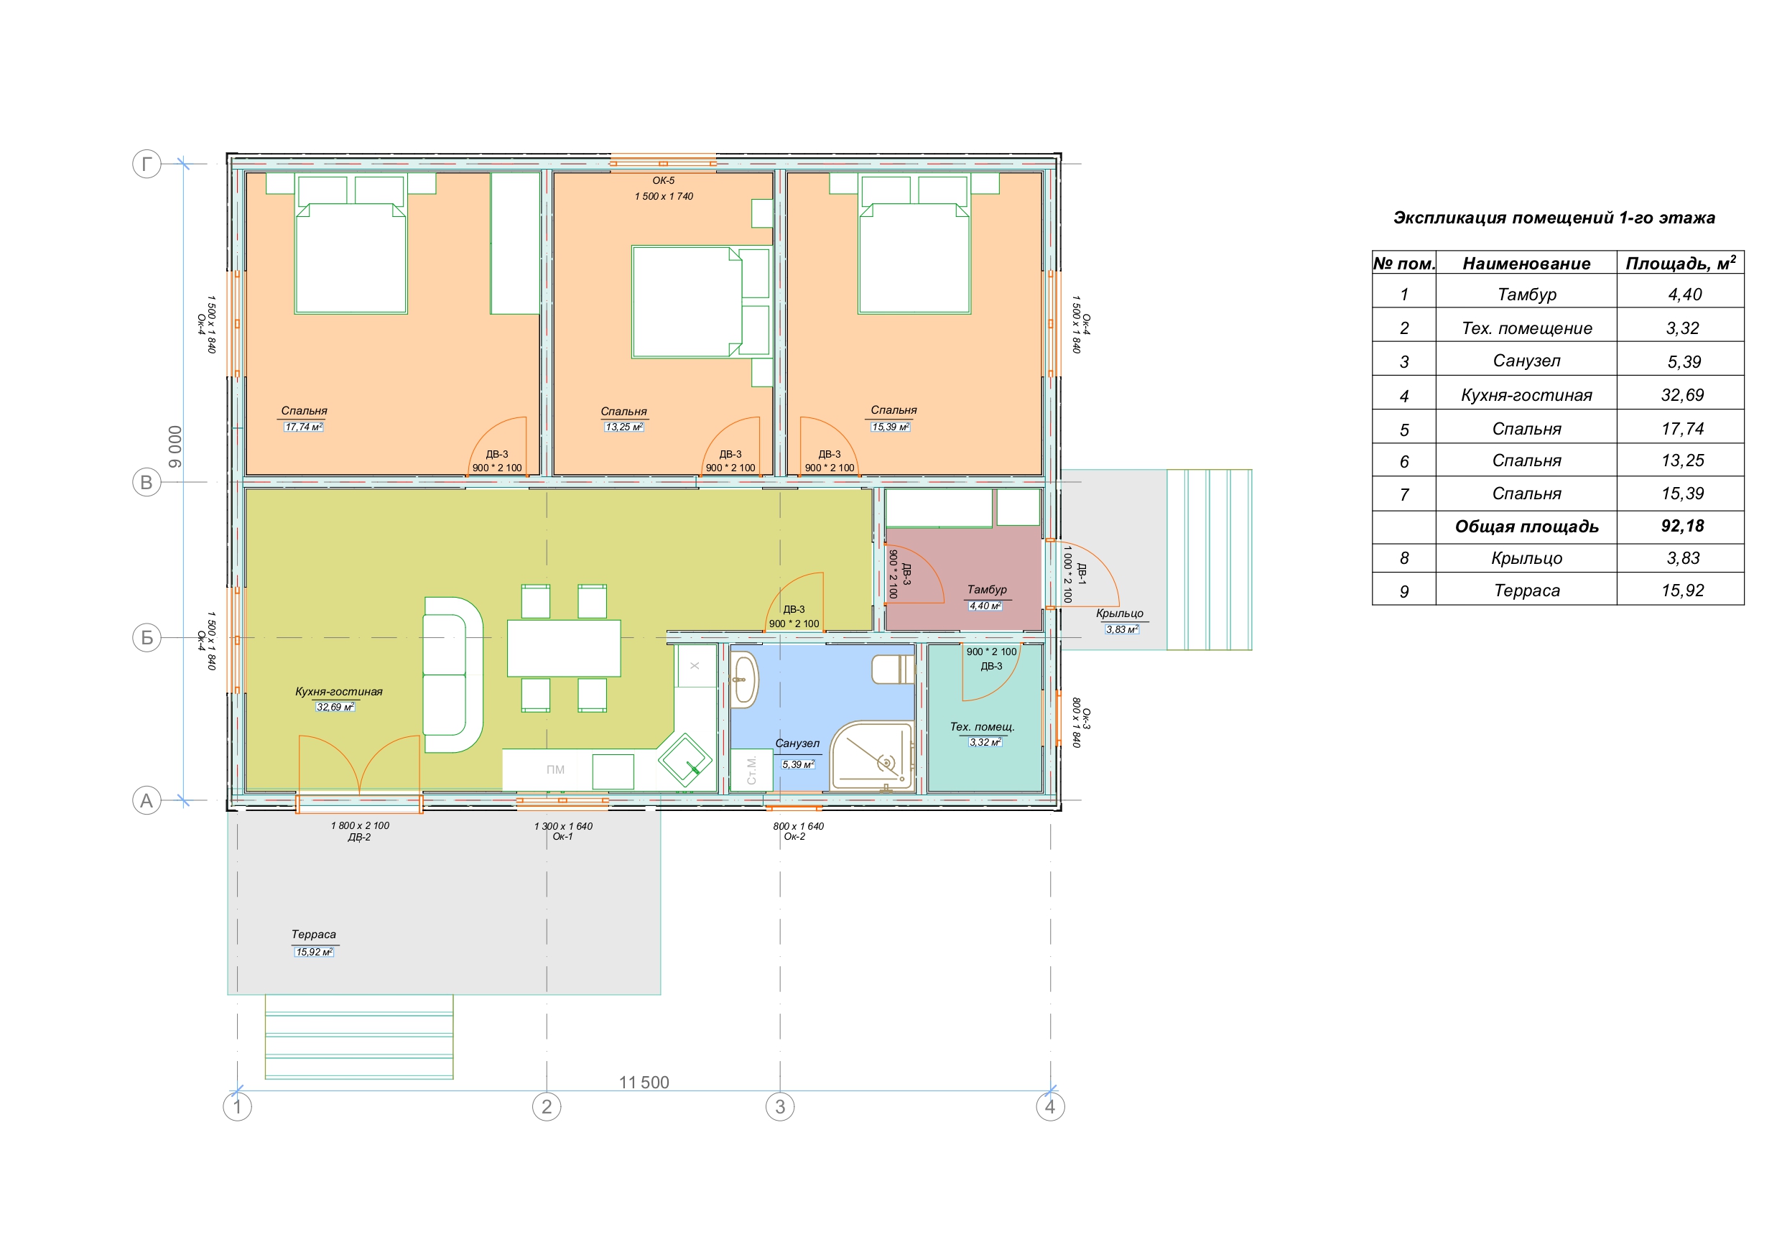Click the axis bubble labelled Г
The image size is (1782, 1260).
point(147,164)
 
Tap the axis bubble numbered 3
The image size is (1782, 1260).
point(780,1106)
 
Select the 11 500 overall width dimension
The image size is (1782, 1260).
point(644,1083)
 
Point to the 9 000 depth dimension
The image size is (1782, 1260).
point(175,446)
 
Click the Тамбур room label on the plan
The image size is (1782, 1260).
point(986,589)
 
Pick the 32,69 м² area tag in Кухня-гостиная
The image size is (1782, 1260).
point(335,708)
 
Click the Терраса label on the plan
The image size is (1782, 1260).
point(314,935)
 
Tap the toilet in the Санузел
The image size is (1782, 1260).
point(894,670)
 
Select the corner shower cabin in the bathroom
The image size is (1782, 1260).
point(871,756)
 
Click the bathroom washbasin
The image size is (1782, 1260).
point(743,680)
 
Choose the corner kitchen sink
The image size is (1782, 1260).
point(685,759)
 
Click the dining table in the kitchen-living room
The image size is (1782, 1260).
point(563,648)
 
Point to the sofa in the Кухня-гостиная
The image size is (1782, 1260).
point(453,675)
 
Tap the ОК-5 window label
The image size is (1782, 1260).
point(664,180)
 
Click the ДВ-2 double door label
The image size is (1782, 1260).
point(359,838)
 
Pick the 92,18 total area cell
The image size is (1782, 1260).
point(1682,526)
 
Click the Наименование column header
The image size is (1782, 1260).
point(1526,263)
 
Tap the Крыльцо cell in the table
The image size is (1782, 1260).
point(1526,558)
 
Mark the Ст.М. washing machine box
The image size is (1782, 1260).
point(751,770)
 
